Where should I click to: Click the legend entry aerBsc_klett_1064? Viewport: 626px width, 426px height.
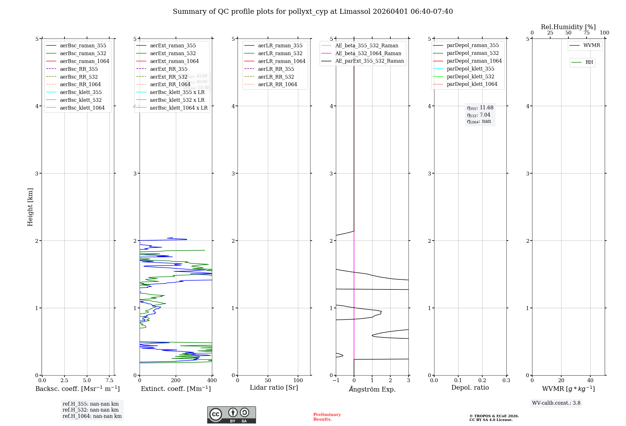coord(82,108)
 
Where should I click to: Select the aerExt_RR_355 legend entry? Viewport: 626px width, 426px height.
coord(168,69)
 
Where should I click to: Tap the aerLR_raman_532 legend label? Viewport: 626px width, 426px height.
coord(280,53)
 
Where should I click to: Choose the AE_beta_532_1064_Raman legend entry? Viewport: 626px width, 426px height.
coord(368,53)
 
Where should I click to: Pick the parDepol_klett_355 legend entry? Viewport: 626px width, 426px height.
coord(470,69)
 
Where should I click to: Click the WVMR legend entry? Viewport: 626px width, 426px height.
coord(592,45)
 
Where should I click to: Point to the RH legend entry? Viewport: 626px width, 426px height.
coord(589,62)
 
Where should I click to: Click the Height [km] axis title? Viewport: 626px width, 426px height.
coord(30,207)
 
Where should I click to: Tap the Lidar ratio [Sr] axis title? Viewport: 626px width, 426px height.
coord(274,387)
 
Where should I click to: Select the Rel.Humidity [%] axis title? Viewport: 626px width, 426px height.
coord(568,27)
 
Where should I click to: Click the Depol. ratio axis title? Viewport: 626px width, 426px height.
coord(470,387)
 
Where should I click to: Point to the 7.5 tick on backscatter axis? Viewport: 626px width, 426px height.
coord(109,380)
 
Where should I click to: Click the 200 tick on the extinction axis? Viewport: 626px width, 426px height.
coord(176,380)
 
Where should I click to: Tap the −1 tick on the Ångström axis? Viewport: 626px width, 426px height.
coord(336,380)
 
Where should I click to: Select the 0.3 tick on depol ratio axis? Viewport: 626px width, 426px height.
coord(506,380)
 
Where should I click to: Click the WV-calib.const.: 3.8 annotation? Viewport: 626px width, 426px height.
coord(556,403)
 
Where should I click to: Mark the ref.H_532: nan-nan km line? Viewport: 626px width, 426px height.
coord(90,410)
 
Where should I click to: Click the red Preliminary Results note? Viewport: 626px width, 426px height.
coord(327,417)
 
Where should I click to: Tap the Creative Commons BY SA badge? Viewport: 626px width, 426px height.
coord(231,415)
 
